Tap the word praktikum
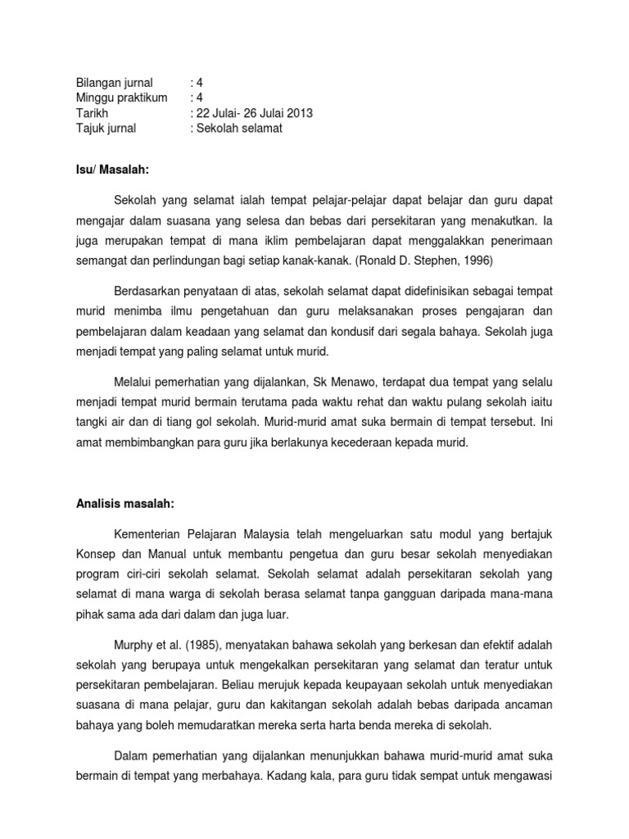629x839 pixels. [140, 98]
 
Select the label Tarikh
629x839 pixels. [92, 113]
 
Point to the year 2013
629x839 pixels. [299, 113]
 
